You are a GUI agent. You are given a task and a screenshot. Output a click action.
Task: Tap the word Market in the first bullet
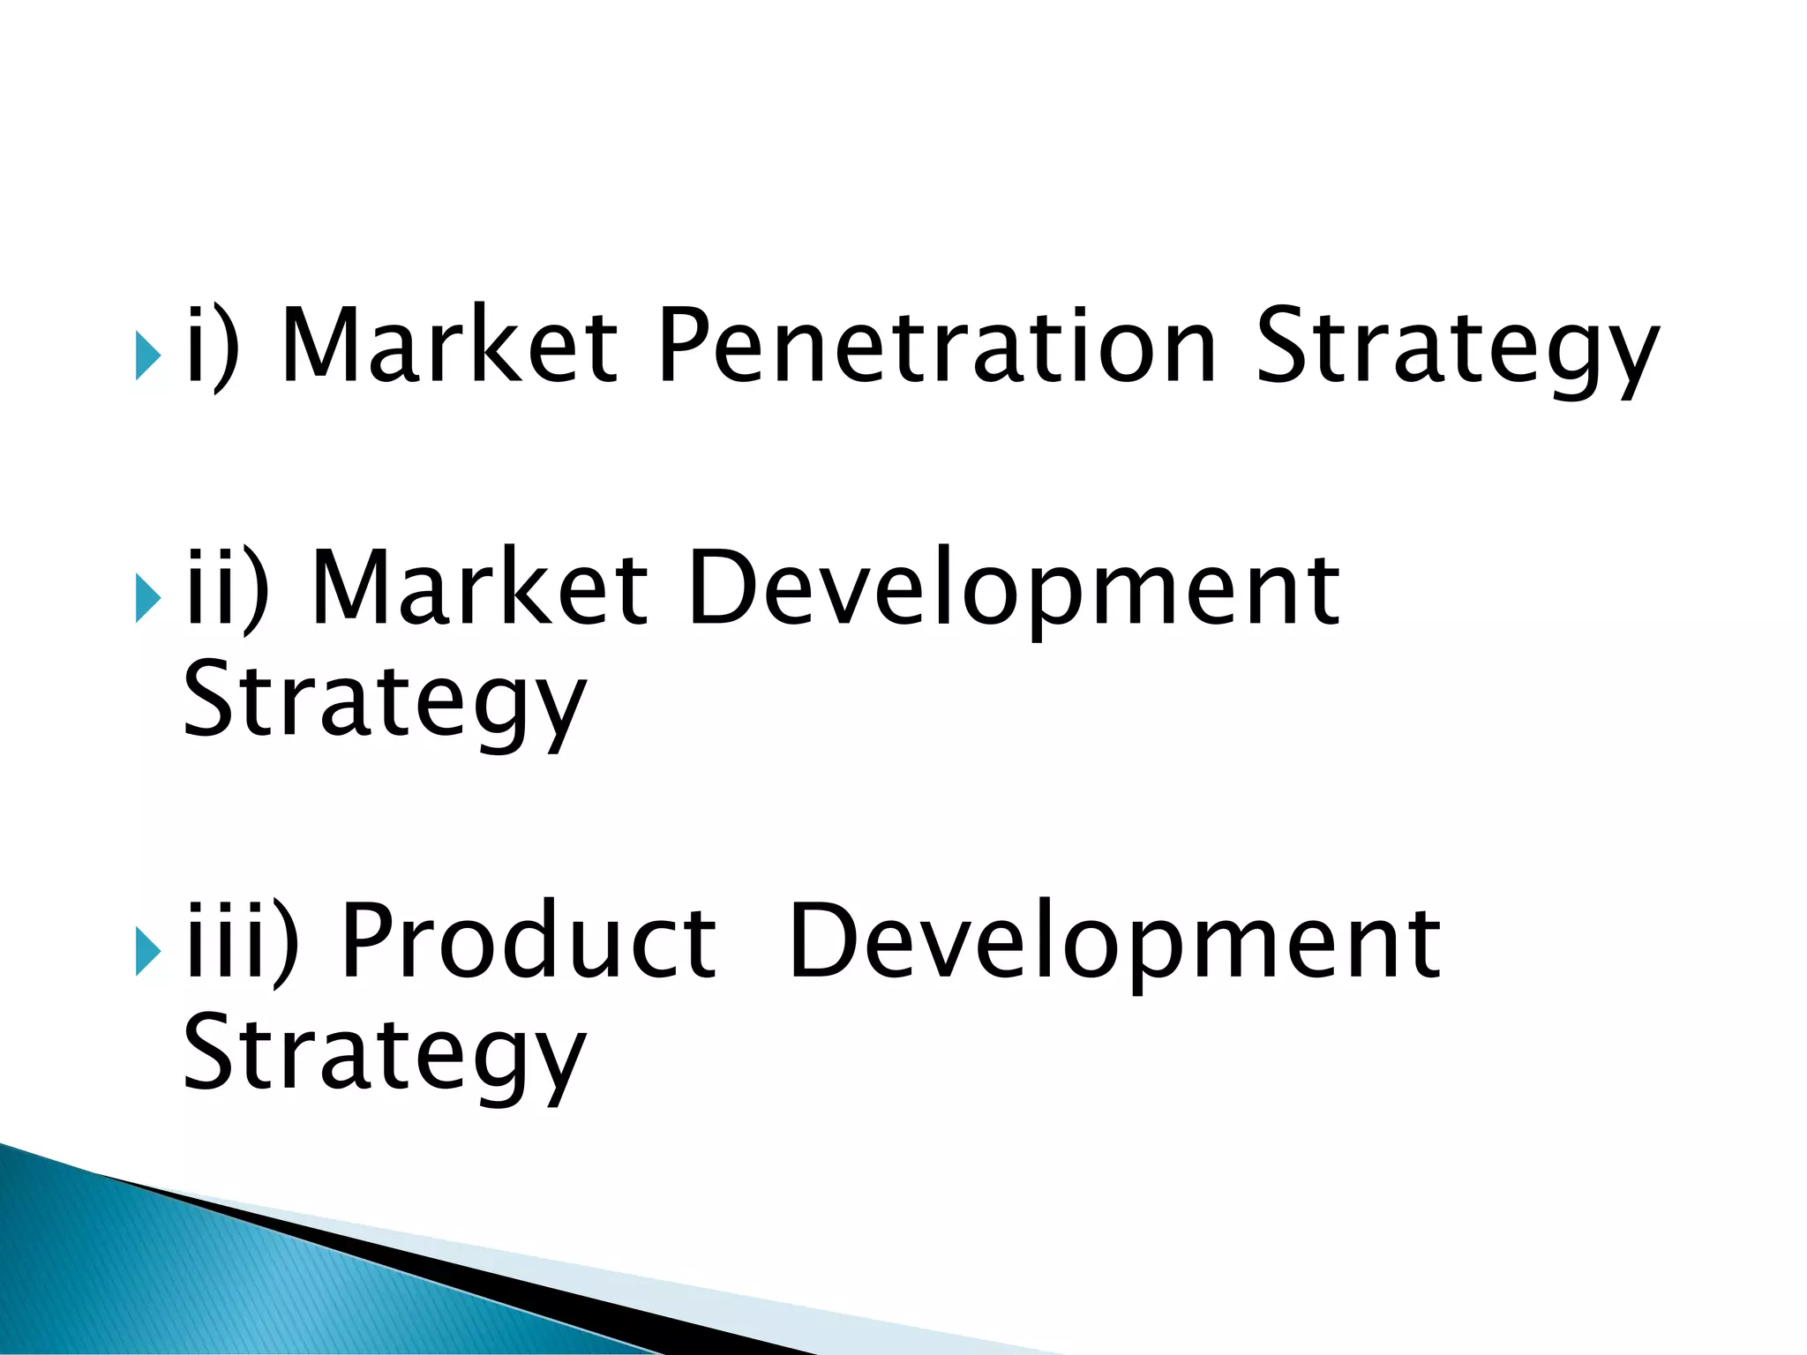click(x=449, y=346)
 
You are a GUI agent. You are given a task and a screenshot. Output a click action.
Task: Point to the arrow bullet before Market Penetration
click(x=148, y=356)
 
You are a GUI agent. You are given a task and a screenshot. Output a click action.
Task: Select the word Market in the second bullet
click(x=480, y=588)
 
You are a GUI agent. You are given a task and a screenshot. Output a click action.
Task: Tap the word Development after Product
click(x=1115, y=942)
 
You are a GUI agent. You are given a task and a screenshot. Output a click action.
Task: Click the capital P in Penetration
click(x=684, y=346)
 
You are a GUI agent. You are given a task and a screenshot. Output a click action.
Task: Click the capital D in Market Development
click(x=719, y=588)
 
